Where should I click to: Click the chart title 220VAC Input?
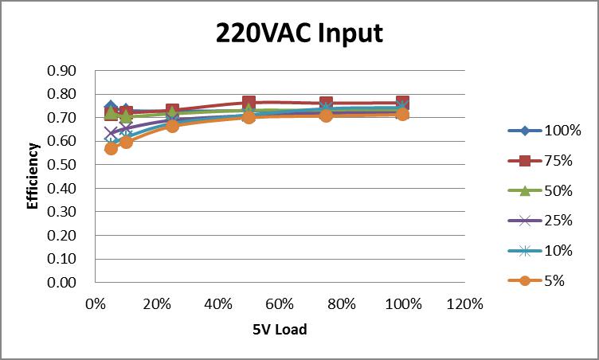tap(299, 33)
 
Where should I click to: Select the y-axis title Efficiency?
tap(33, 176)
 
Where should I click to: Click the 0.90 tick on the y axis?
tap(62, 71)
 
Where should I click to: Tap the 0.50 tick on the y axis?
tap(62, 165)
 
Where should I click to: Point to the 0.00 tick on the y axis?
tap(62, 283)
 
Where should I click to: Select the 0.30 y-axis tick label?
tap(62, 212)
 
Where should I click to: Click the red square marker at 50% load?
tap(249, 104)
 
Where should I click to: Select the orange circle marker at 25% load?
tap(172, 126)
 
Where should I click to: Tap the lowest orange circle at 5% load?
tap(111, 148)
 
